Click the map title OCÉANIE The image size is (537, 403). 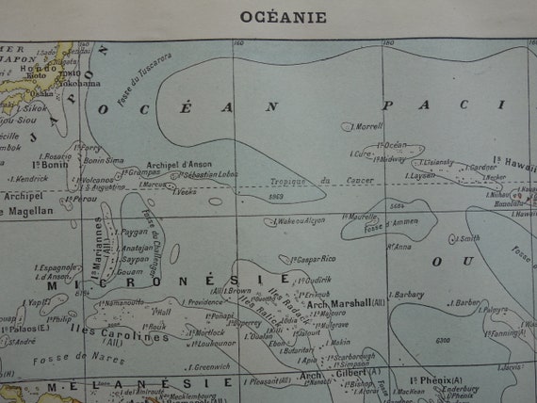pos(268,17)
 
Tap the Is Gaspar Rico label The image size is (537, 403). pos(307,257)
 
